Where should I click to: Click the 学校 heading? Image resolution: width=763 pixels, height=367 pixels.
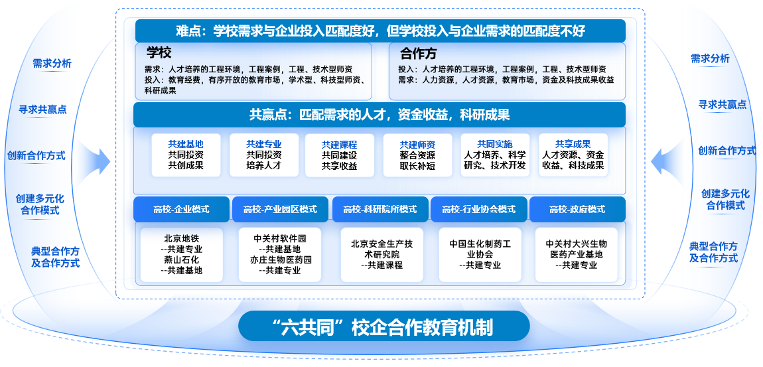coord(159,52)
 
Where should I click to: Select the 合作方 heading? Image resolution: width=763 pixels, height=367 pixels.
coord(419,53)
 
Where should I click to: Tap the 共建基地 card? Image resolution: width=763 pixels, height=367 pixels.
coord(186,155)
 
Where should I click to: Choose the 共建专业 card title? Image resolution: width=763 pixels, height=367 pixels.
coord(264,144)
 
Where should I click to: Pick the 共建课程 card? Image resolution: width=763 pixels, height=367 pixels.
coord(340,155)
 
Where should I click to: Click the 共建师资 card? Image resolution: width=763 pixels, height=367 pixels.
coord(417,155)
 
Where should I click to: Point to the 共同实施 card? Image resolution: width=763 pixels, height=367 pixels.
coord(495,155)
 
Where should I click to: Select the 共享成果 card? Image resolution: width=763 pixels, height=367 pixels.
coord(573,155)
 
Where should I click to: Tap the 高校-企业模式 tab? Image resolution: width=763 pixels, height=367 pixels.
coord(182,209)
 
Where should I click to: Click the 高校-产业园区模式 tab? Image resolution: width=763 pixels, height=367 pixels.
coord(280,209)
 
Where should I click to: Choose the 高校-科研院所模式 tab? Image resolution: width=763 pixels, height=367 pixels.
coord(380,209)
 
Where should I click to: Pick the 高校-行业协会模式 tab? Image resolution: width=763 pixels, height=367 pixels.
coord(479,209)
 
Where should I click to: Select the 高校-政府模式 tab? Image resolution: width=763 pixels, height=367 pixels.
coord(577,209)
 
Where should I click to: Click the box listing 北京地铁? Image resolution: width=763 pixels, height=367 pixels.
coord(182,255)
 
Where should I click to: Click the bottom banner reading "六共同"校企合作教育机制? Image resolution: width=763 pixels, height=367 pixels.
coord(384,326)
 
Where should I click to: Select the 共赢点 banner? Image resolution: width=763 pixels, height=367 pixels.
coord(380,115)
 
